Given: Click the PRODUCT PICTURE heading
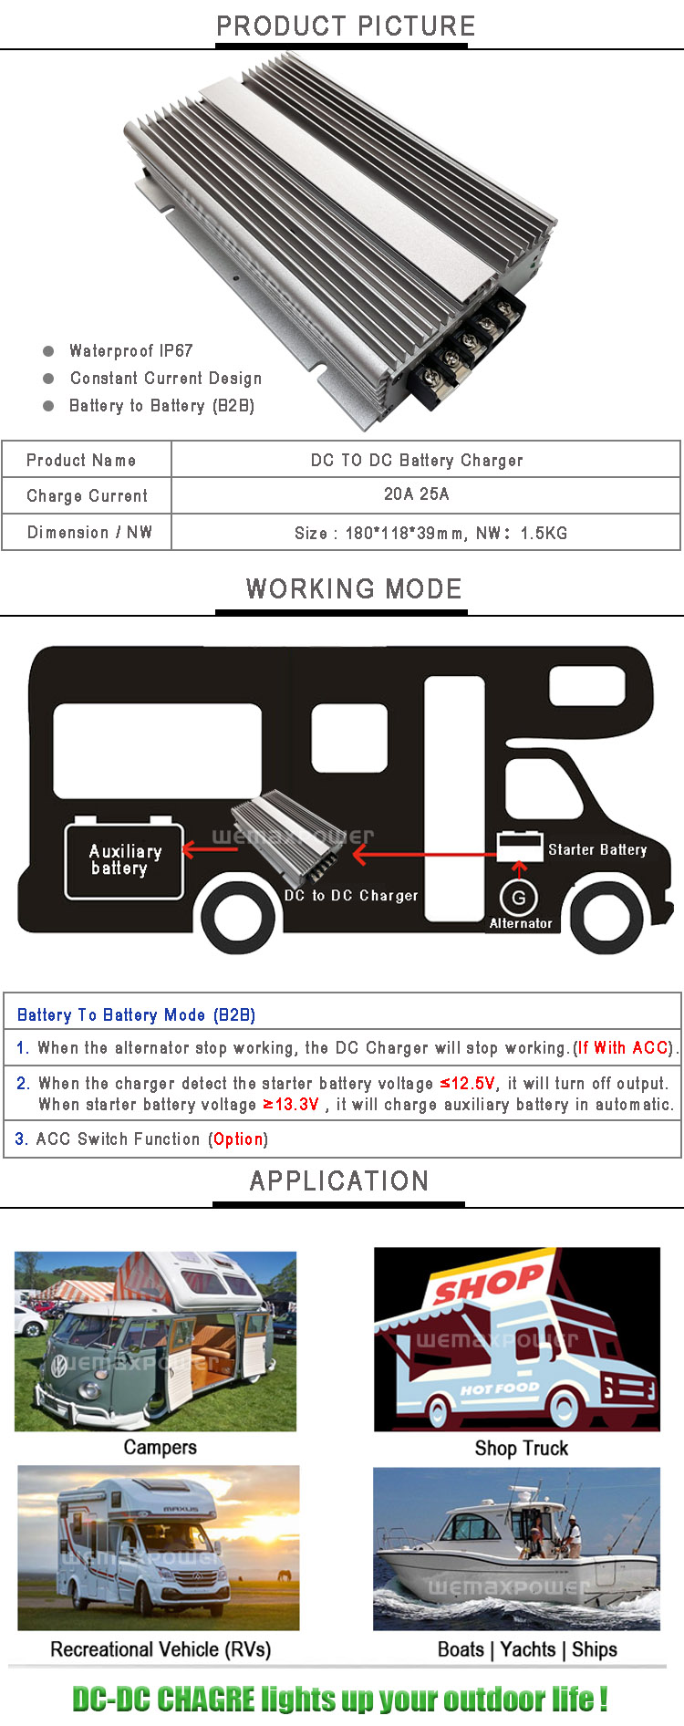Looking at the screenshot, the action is coord(346,26).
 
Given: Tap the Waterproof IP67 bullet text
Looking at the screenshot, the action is coord(131,351).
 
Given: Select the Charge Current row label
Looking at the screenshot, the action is coord(87,496).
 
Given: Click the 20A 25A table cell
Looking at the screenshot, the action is coord(417,494).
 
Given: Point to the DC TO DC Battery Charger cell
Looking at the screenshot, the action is coord(417,461).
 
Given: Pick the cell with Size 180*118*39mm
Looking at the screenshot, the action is coord(430,533).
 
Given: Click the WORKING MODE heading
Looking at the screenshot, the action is coord(354,588).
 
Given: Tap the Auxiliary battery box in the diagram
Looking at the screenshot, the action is coord(124,861).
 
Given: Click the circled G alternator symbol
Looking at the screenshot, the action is coord(519,898).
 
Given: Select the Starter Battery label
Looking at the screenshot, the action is coord(597,849).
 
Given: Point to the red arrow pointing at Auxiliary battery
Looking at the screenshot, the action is coord(209,849).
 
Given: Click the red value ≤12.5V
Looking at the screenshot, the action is coord(468,1083).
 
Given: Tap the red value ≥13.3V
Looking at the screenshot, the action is coord(291,1104).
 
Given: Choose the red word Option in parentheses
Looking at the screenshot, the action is coord(238,1139).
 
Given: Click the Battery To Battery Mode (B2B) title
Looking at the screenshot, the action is coord(136,1015).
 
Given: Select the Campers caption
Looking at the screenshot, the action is coord(160,1448).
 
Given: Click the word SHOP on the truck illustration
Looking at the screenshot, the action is coord(488,1284).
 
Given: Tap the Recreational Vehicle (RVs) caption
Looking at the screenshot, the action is coord(161,1649).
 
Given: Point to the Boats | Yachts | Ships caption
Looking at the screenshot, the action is coord(527,1649).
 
